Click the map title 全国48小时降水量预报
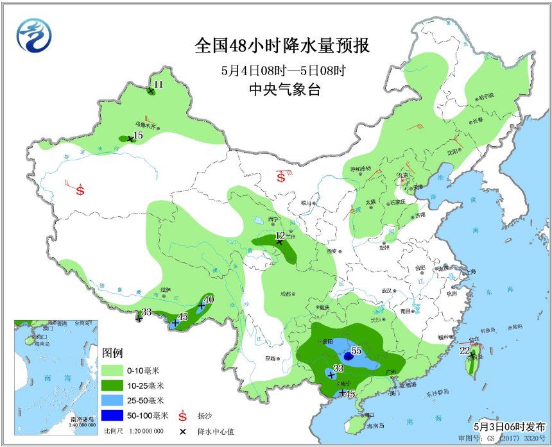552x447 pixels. click(282, 46)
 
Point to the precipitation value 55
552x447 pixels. click(356, 351)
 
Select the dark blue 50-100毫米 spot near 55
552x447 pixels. click(347, 355)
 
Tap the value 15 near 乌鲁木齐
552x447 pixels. click(137, 136)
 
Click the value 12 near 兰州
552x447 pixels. click(279, 236)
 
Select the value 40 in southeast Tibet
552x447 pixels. click(208, 299)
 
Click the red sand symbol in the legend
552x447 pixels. click(182, 416)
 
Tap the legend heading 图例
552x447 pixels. click(112, 353)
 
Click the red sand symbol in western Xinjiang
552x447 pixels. click(80, 190)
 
